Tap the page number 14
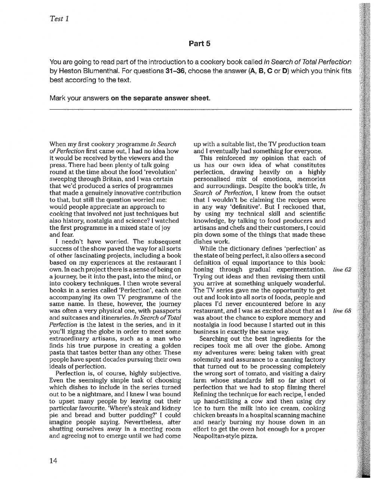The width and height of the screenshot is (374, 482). coord(53,461)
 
